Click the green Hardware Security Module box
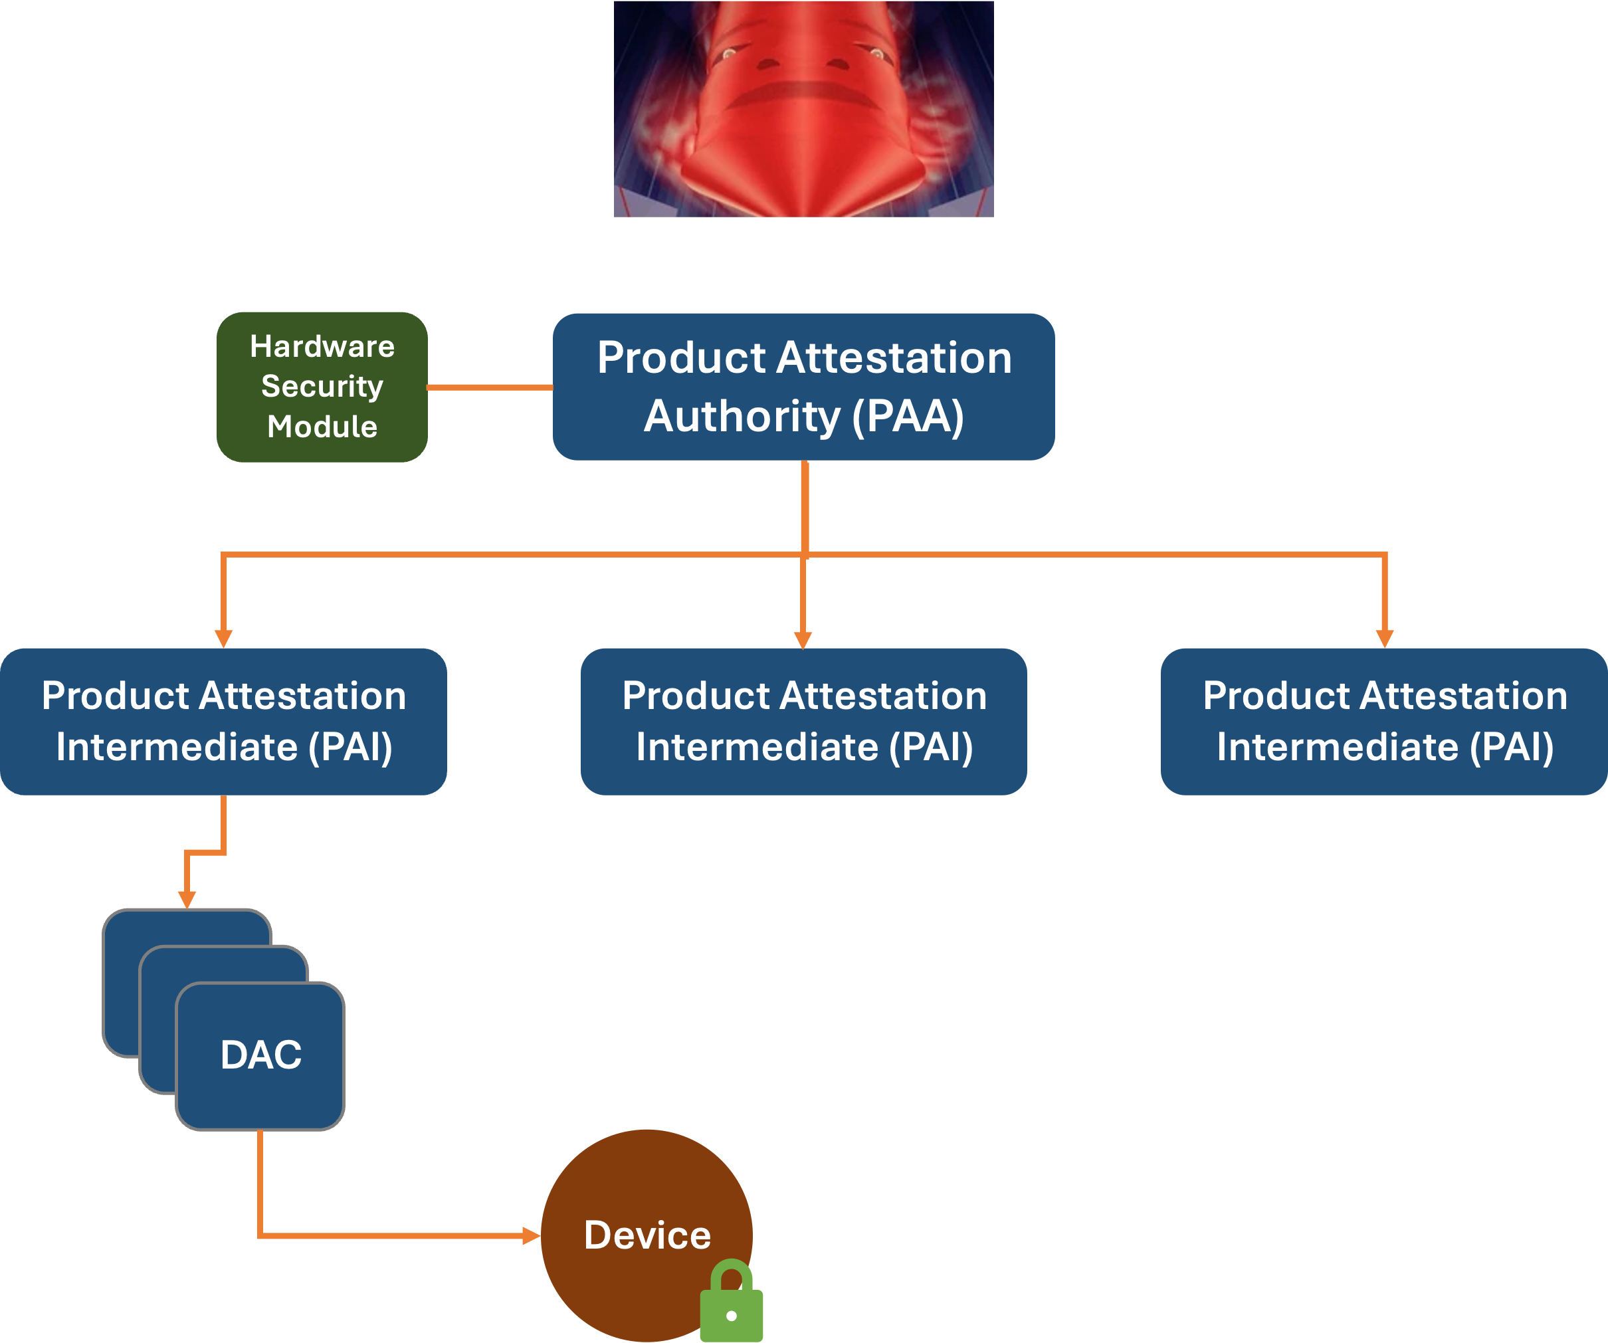[x=322, y=387]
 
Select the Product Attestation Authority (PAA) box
[x=803, y=387]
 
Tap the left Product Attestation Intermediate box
[x=223, y=721]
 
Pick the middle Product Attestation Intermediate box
[x=803, y=721]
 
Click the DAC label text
[x=260, y=1055]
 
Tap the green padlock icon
[x=732, y=1304]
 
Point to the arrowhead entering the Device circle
[x=532, y=1235]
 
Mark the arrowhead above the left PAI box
[x=223, y=639]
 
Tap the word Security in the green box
[x=322, y=387]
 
